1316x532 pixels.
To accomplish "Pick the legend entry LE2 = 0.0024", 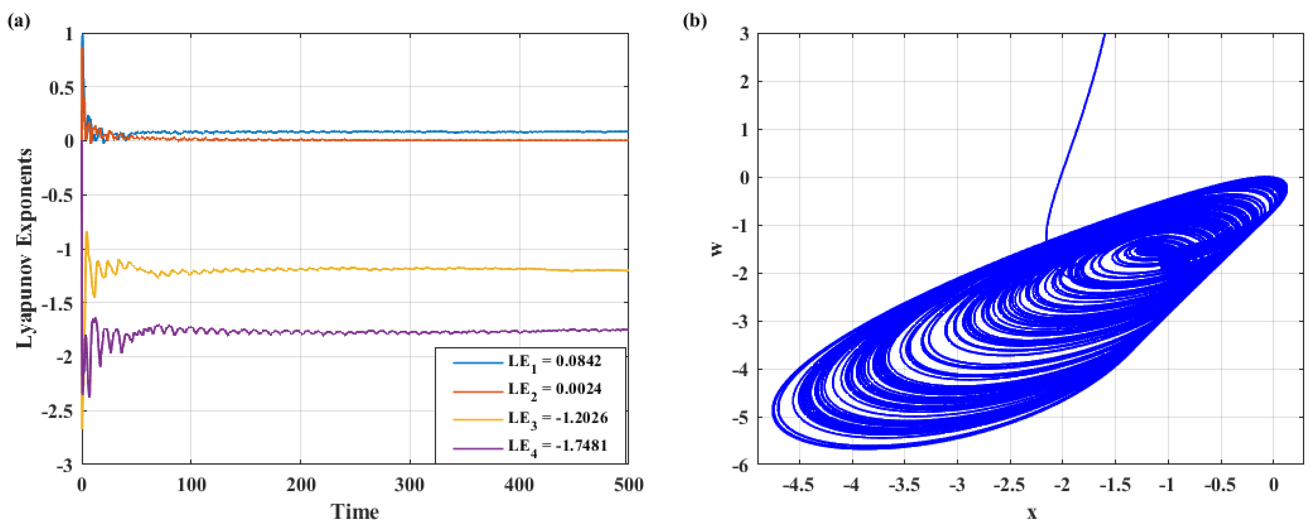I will tap(554, 389).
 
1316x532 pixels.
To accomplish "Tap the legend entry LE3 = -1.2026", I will tap(557, 418).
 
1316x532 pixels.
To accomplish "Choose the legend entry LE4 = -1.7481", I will tap(557, 445).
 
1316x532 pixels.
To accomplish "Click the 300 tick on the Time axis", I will tap(409, 484).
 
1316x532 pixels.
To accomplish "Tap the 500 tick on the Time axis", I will tap(628, 484).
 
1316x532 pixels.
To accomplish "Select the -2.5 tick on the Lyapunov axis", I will tap(57, 411).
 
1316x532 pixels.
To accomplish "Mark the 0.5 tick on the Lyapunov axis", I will tap(61, 88).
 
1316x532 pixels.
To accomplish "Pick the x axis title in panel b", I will tap(1032, 513).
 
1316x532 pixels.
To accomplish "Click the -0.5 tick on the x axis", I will tap(1220, 484).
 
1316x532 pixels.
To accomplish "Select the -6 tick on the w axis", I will tap(740, 465).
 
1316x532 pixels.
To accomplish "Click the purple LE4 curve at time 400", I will tap(519, 332).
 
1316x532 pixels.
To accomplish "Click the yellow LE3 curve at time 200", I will tap(301, 269).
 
